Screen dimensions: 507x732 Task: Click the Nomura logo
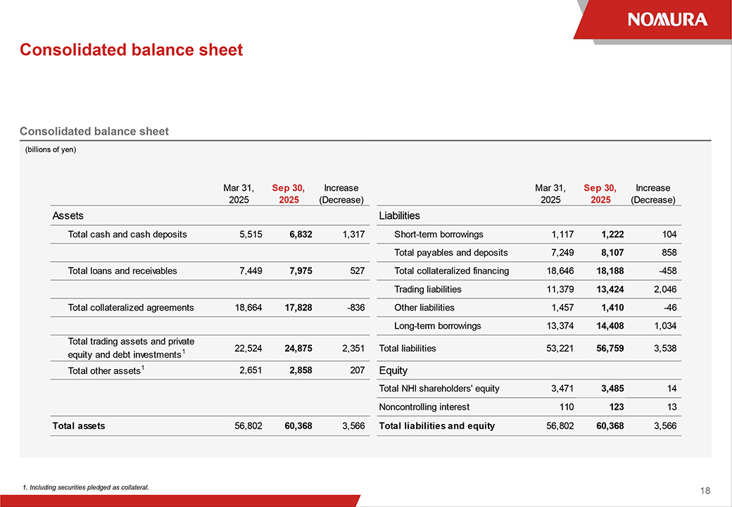click(x=667, y=19)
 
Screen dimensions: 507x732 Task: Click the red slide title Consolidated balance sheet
click(x=131, y=50)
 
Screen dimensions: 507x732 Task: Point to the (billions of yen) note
click(x=51, y=149)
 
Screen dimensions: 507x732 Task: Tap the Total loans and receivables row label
click(x=122, y=271)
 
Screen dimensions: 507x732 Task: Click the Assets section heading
click(x=68, y=215)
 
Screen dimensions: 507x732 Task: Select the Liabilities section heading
click(x=399, y=215)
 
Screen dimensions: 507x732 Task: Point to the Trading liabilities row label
click(x=428, y=289)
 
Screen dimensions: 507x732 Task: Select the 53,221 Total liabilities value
click(x=560, y=348)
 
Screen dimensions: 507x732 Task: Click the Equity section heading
click(x=393, y=370)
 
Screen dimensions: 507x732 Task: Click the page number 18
click(x=705, y=491)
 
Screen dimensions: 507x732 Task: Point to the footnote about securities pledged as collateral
click(x=86, y=487)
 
